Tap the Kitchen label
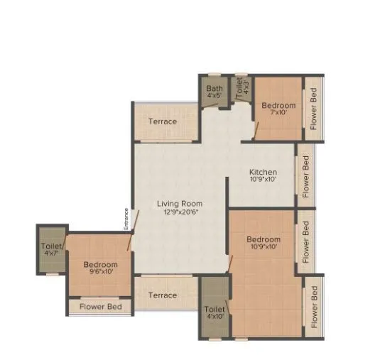pos(263,172)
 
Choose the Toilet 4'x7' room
pos(50,250)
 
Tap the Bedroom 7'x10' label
pos(278,106)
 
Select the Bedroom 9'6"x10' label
pos(99,264)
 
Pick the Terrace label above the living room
pos(163,121)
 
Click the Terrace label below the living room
pos(163,295)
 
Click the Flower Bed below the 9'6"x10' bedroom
pos(100,307)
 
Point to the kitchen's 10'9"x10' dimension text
pos(263,180)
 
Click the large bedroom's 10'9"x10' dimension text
pos(264,247)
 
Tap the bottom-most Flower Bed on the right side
pos(313,307)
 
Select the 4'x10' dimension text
pos(215,317)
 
